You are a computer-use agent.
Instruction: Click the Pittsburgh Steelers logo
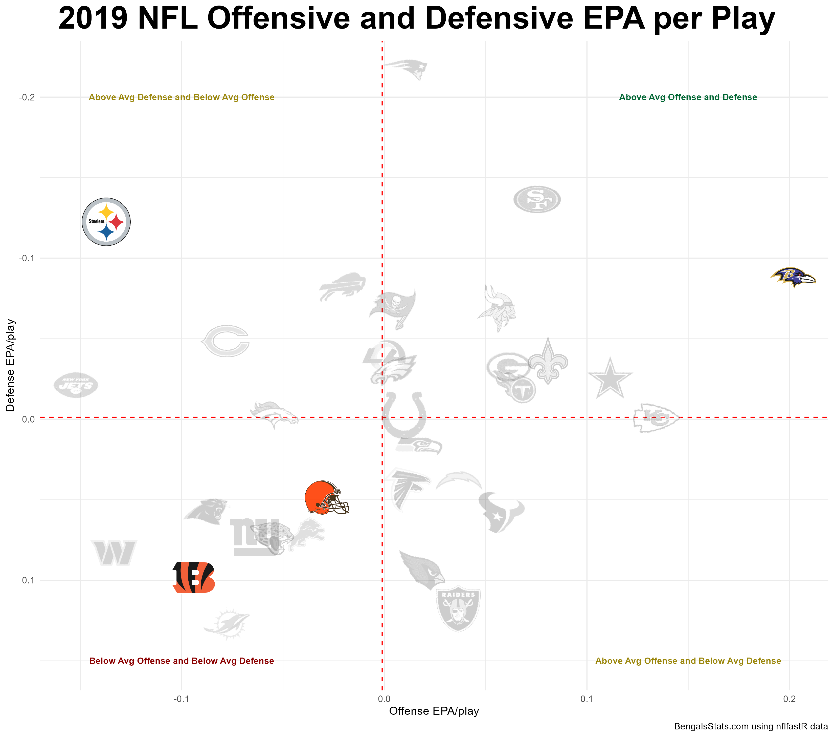(x=106, y=222)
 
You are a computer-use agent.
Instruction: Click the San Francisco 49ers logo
(x=536, y=199)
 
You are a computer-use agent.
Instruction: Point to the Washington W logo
(x=114, y=553)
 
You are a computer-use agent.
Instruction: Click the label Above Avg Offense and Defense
(x=688, y=97)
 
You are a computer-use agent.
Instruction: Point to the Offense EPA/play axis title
(x=434, y=711)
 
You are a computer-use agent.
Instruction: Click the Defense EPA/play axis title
(x=11, y=365)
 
